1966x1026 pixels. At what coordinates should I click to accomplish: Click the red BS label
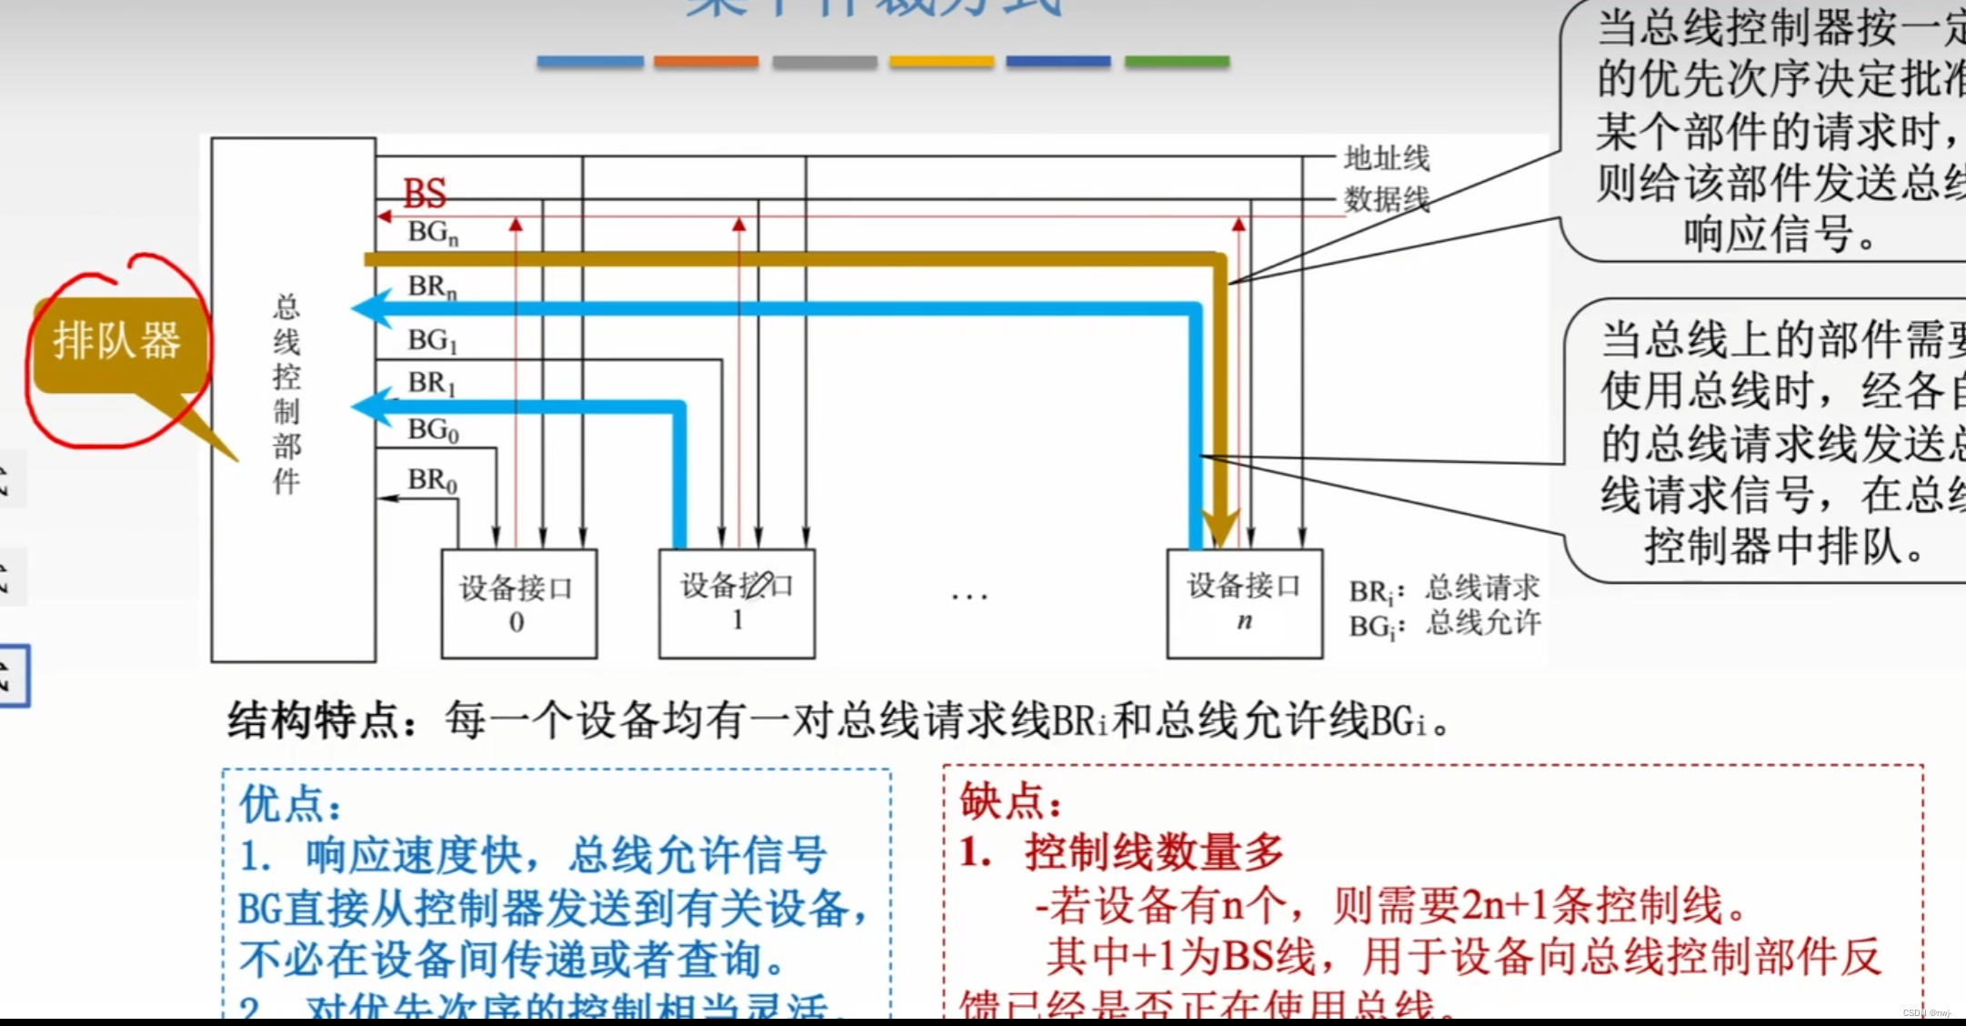pyautogui.click(x=425, y=193)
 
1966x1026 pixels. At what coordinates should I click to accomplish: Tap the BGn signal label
pyautogui.click(x=433, y=233)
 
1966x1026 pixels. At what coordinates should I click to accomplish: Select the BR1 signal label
pyautogui.click(x=432, y=383)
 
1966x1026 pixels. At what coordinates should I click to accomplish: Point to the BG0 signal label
pyautogui.click(x=433, y=429)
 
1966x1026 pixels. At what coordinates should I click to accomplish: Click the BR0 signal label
pyautogui.click(x=432, y=479)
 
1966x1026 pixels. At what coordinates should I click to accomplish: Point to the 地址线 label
pyautogui.click(x=1387, y=158)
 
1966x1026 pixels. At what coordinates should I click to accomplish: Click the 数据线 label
pyautogui.click(x=1387, y=198)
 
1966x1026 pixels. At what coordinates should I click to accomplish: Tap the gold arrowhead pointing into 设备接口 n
pyautogui.click(x=1220, y=526)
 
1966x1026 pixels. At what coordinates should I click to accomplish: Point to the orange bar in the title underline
pyautogui.click(x=706, y=62)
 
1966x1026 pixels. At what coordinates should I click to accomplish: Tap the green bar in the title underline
pyautogui.click(x=1177, y=62)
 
